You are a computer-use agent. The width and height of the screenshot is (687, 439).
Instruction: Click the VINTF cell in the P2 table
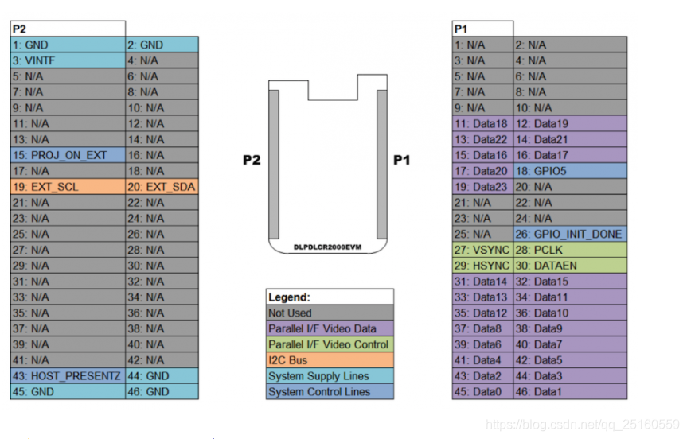pyautogui.click(x=68, y=60)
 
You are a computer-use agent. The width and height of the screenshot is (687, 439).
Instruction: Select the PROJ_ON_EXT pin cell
pyautogui.click(x=68, y=155)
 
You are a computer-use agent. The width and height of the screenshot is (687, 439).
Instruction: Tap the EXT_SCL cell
pyautogui.click(x=68, y=187)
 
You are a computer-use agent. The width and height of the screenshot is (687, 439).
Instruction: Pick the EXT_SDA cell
pyautogui.click(x=162, y=187)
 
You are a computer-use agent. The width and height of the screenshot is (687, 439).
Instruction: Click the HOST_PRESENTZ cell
pyautogui.click(x=68, y=376)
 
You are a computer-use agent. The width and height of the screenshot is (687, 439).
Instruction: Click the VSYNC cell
pyautogui.click(x=482, y=250)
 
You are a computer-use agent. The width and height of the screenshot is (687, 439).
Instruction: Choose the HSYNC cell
pyautogui.click(x=482, y=266)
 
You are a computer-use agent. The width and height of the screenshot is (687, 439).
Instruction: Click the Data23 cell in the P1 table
pyautogui.click(x=482, y=187)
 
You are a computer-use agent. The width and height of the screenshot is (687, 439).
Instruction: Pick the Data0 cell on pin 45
pyautogui.click(x=482, y=392)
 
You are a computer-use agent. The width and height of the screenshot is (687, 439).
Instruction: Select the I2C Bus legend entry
pyautogui.click(x=330, y=360)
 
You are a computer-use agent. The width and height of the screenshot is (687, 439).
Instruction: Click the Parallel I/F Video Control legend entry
pyautogui.click(x=330, y=344)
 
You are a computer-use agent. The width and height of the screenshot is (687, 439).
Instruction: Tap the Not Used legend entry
pyautogui.click(x=330, y=313)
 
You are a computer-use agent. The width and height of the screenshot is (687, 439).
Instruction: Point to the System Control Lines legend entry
pyautogui.click(x=330, y=392)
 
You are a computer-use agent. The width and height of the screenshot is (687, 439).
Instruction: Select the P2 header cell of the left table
pyautogui.click(x=68, y=29)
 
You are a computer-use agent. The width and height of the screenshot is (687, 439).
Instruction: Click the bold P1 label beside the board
pyautogui.click(x=402, y=161)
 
